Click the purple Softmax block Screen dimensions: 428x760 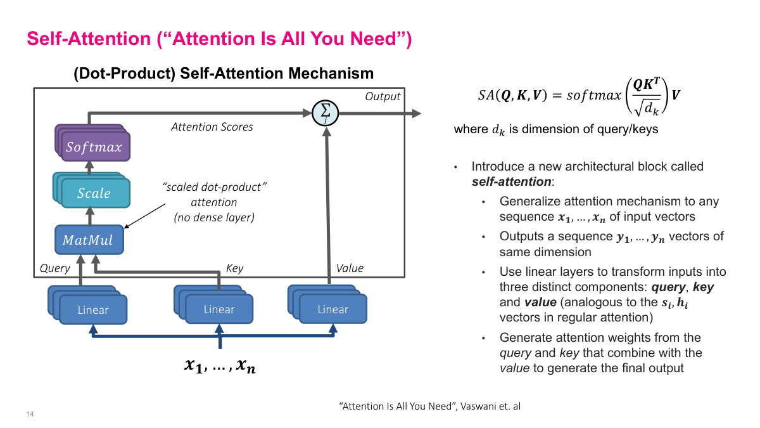pyautogui.click(x=94, y=147)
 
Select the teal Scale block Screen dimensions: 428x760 pyautogui.click(x=94, y=193)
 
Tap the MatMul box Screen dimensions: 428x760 pyautogui.click(x=89, y=240)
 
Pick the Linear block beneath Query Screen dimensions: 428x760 pyautogui.click(x=92, y=310)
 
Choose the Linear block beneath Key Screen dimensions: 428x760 pyautogui.click(x=219, y=309)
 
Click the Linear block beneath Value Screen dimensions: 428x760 pyautogui.click(x=332, y=309)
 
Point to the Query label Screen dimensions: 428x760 pyautogui.click(x=54, y=268)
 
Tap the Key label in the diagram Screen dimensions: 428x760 pyautogui.click(x=234, y=268)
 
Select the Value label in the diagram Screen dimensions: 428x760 pyautogui.click(x=350, y=268)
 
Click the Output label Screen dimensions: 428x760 pyautogui.click(x=383, y=96)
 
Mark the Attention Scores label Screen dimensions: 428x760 pyautogui.click(x=212, y=127)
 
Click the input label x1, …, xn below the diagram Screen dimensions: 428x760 pyautogui.click(x=220, y=365)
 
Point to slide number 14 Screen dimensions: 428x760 pyautogui.click(x=30, y=415)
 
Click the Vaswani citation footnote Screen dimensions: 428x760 pyautogui.click(x=430, y=406)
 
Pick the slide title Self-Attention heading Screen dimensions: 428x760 pyautogui.click(x=219, y=39)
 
